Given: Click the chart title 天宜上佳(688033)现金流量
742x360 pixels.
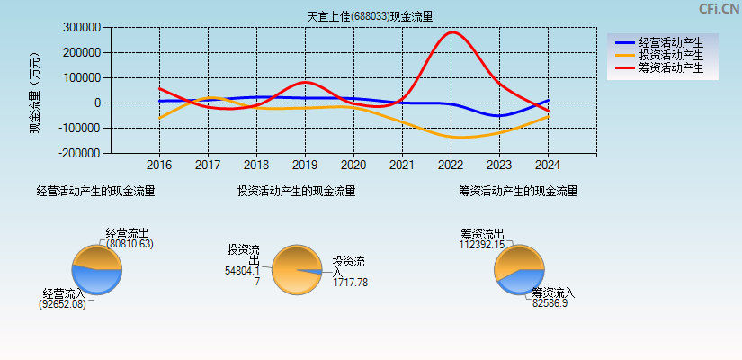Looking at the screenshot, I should [x=370, y=16].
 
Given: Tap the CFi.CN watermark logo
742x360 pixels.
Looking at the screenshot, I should [x=719, y=9].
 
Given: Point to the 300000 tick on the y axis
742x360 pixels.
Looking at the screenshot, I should [x=82, y=28].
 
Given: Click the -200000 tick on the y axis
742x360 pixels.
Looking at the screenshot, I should [x=80, y=154].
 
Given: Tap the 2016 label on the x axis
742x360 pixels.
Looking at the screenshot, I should [x=159, y=166].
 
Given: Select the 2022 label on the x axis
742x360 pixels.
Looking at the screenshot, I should [x=451, y=166].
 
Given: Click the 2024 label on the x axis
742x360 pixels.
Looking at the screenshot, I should [x=548, y=166].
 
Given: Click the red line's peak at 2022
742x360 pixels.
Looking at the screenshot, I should [x=451, y=32].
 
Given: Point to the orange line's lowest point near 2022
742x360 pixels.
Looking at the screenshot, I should [x=459, y=138].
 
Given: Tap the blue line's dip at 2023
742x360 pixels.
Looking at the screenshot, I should [x=499, y=116].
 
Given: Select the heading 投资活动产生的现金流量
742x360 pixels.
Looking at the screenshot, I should [x=296, y=191].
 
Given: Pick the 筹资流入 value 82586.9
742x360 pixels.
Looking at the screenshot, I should [x=550, y=304].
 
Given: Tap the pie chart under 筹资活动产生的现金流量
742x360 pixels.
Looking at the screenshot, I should [x=519, y=269].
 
